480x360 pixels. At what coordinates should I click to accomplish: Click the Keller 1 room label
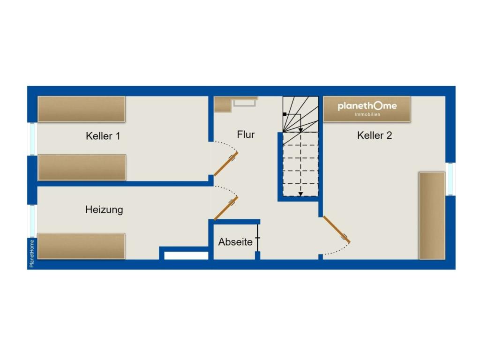[x=103, y=136]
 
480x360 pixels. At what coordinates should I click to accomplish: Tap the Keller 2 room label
[x=375, y=135]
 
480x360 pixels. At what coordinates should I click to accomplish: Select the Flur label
[x=246, y=135]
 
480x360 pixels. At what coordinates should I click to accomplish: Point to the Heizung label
[x=104, y=210]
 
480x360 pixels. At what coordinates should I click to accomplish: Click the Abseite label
[x=235, y=242]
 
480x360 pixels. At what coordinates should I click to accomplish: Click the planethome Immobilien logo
[x=367, y=108]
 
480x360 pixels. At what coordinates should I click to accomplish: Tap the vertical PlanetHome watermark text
[x=31, y=254]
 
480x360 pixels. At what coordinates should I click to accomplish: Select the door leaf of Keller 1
[x=226, y=164]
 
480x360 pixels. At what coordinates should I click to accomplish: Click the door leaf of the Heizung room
[x=226, y=209]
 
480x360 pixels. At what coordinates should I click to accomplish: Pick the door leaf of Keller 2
[x=337, y=230]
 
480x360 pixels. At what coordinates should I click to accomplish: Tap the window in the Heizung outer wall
[x=32, y=221]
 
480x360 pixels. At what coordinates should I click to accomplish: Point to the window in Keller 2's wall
[x=450, y=179]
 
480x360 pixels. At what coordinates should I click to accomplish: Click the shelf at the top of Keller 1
[x=82, y=109]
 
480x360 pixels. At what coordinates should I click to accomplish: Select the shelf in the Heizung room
[x=81, y=247]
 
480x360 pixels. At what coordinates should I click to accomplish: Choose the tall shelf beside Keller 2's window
[x=432, y=216]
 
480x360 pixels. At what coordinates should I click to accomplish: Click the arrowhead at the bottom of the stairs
[x=300, y=194]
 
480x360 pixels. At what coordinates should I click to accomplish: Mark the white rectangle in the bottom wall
[x=186, y=255]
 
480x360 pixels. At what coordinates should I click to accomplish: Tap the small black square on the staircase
[x=285, y=114]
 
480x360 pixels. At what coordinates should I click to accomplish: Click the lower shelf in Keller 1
[x=82, y=167]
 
